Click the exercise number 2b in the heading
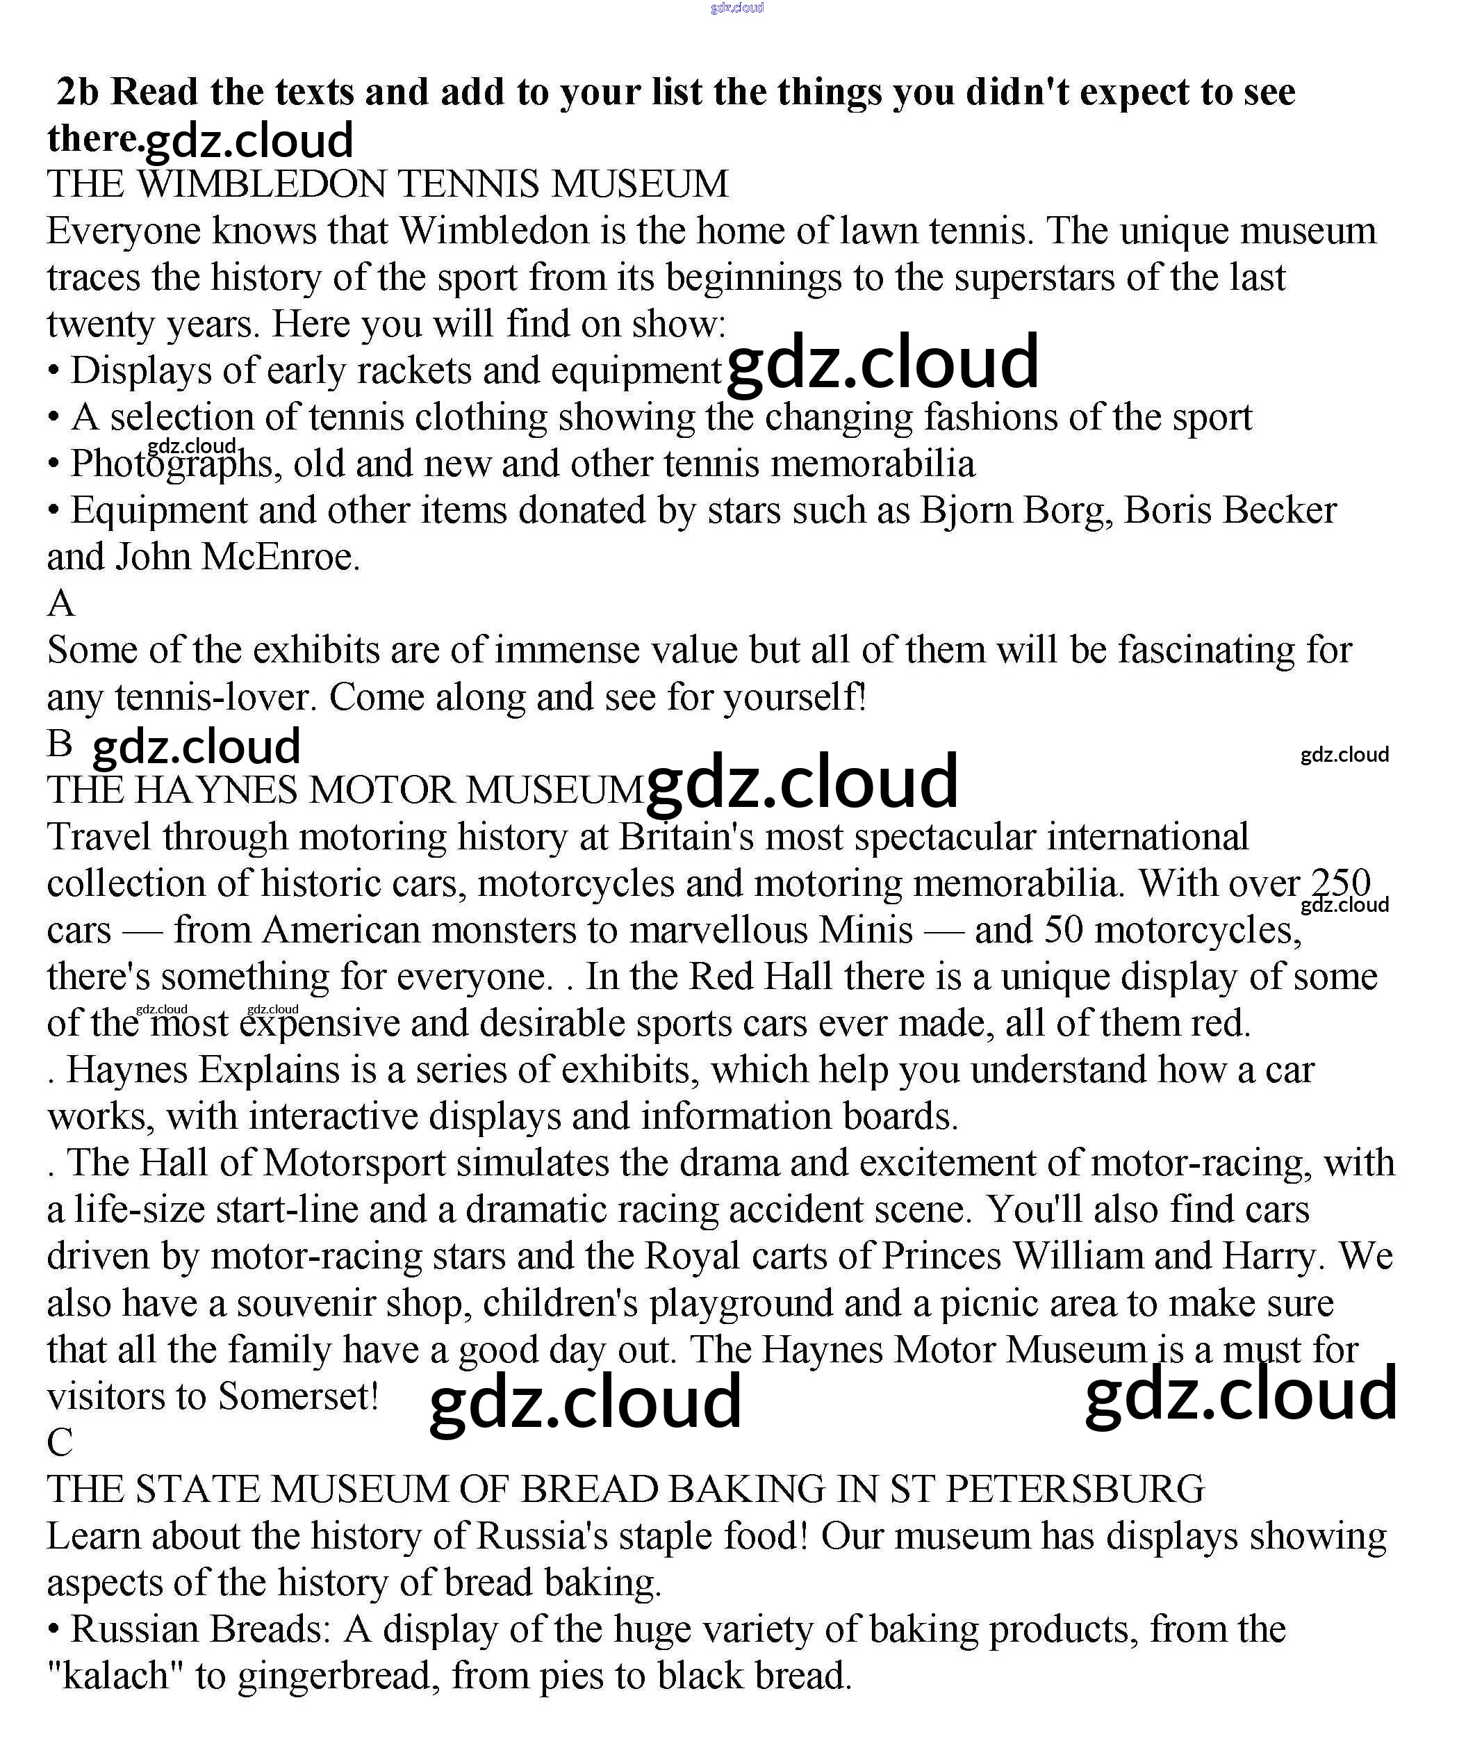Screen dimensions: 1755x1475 click(x=77, y=92)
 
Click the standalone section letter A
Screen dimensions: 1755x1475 click(x=61, y=603)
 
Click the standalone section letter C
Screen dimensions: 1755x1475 click(x=60, y=1442)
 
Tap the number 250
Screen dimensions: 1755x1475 click(x=1340, y=883)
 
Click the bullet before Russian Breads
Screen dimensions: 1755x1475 click(x=54, y=1629)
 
